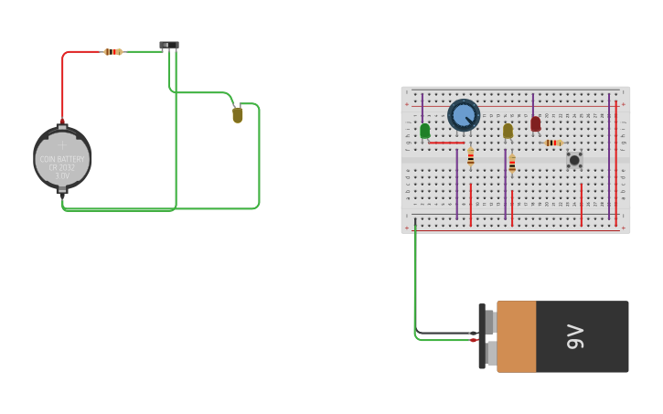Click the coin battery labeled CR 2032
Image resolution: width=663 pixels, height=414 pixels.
62,158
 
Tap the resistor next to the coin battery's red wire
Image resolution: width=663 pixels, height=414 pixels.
113,52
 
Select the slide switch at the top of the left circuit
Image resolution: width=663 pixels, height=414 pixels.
169,45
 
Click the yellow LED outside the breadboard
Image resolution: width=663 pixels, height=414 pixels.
238,115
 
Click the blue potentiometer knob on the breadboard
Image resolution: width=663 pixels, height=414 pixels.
464,115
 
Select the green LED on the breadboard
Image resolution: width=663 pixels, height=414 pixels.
425,132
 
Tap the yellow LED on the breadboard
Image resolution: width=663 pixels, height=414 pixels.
508,131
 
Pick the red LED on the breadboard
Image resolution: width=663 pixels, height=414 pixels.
536,123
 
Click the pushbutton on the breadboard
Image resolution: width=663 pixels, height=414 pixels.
574,160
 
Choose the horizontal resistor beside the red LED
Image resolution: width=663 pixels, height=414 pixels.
552,143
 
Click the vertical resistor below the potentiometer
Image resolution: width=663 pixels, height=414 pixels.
471,157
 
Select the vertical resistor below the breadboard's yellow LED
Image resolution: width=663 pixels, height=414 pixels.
512,164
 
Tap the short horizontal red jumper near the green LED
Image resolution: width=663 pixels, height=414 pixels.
446,143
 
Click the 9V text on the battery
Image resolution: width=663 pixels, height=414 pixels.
575,336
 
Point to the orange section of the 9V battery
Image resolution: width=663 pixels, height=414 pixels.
517,336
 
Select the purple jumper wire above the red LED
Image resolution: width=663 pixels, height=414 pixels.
533,103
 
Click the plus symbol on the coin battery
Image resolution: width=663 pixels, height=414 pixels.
62,144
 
